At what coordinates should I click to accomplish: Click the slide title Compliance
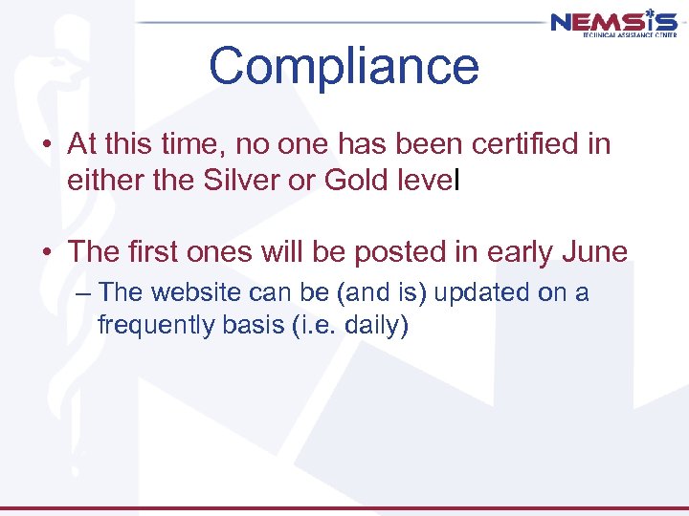pyautogui.click(x=344, y=66)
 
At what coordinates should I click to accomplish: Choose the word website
pyautogui.click(x=200, y=292)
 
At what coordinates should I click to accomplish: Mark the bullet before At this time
pyautogui.click(x=46, y=145)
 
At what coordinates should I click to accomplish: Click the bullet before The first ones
pyautogui.click(x=46, y=252)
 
